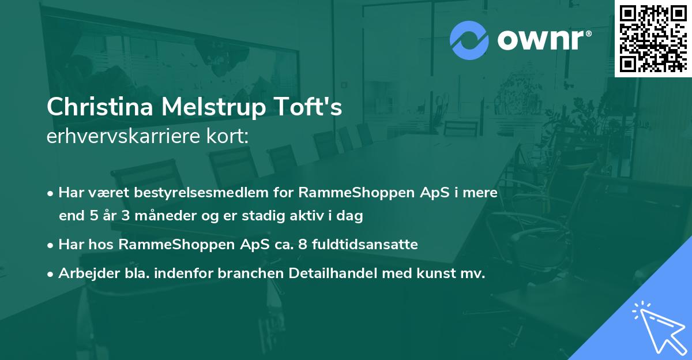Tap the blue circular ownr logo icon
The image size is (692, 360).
click(469, 40)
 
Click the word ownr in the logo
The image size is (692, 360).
click(542, 40)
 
